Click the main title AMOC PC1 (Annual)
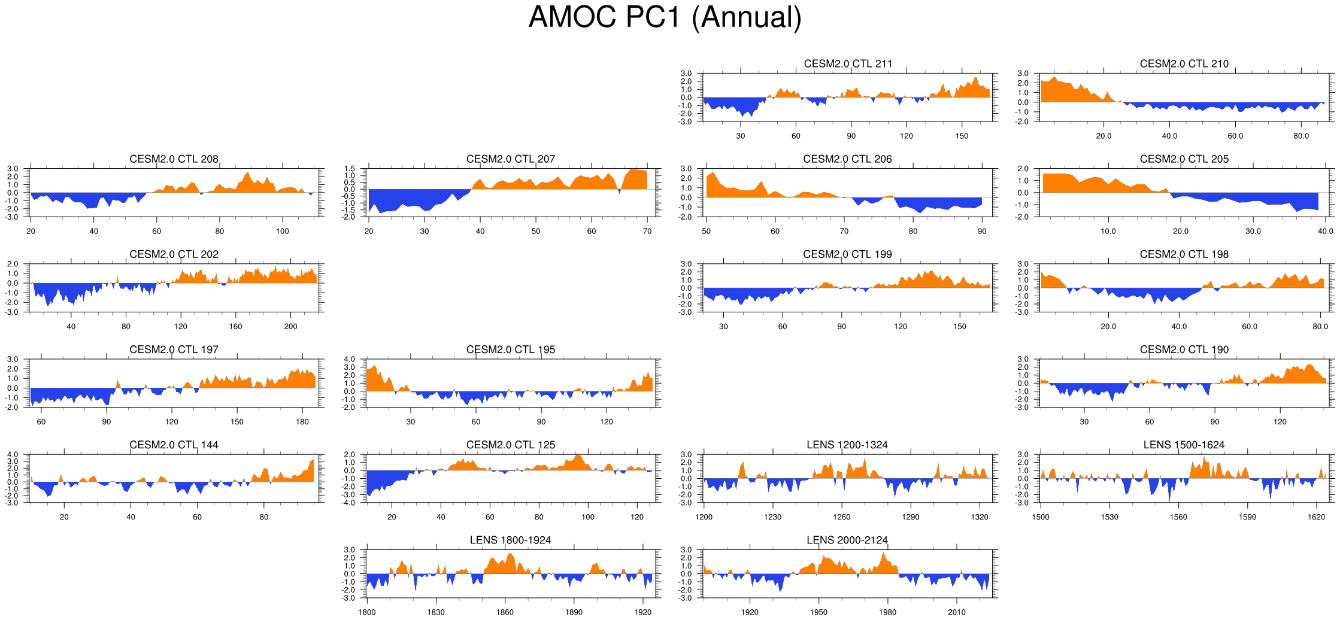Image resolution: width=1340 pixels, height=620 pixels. [665, 17]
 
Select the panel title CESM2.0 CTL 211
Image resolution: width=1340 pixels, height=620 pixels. [847, 64]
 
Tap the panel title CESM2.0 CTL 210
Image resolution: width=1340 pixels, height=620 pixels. [1184, 64]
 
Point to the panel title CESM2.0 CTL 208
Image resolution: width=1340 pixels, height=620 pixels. [174, 159]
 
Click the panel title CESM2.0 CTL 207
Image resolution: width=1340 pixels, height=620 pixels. [510, 159]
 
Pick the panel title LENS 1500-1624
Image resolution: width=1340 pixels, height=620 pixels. [1184, 445]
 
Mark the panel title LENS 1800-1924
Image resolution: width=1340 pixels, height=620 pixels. [510, 540]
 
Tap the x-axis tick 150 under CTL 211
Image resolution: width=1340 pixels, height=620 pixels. [962, 136]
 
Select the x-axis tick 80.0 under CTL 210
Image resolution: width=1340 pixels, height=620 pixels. [1301, 136]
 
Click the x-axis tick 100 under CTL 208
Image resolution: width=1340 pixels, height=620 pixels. [283, 232]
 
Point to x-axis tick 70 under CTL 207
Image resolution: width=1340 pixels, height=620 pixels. [647, 232]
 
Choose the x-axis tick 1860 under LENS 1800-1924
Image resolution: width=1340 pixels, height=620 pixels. [505, 612]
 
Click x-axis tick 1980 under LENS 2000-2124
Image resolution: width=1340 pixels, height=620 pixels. [887, 612]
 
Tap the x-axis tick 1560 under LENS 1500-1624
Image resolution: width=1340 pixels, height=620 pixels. [1178, 517]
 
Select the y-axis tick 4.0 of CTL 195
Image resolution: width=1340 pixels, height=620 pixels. [349, 360]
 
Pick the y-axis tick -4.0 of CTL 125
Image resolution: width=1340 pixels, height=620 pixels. [349, 503]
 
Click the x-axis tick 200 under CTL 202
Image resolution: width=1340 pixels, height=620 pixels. [290, 327]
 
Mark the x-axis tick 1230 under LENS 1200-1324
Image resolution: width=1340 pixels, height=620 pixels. [772, 517]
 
